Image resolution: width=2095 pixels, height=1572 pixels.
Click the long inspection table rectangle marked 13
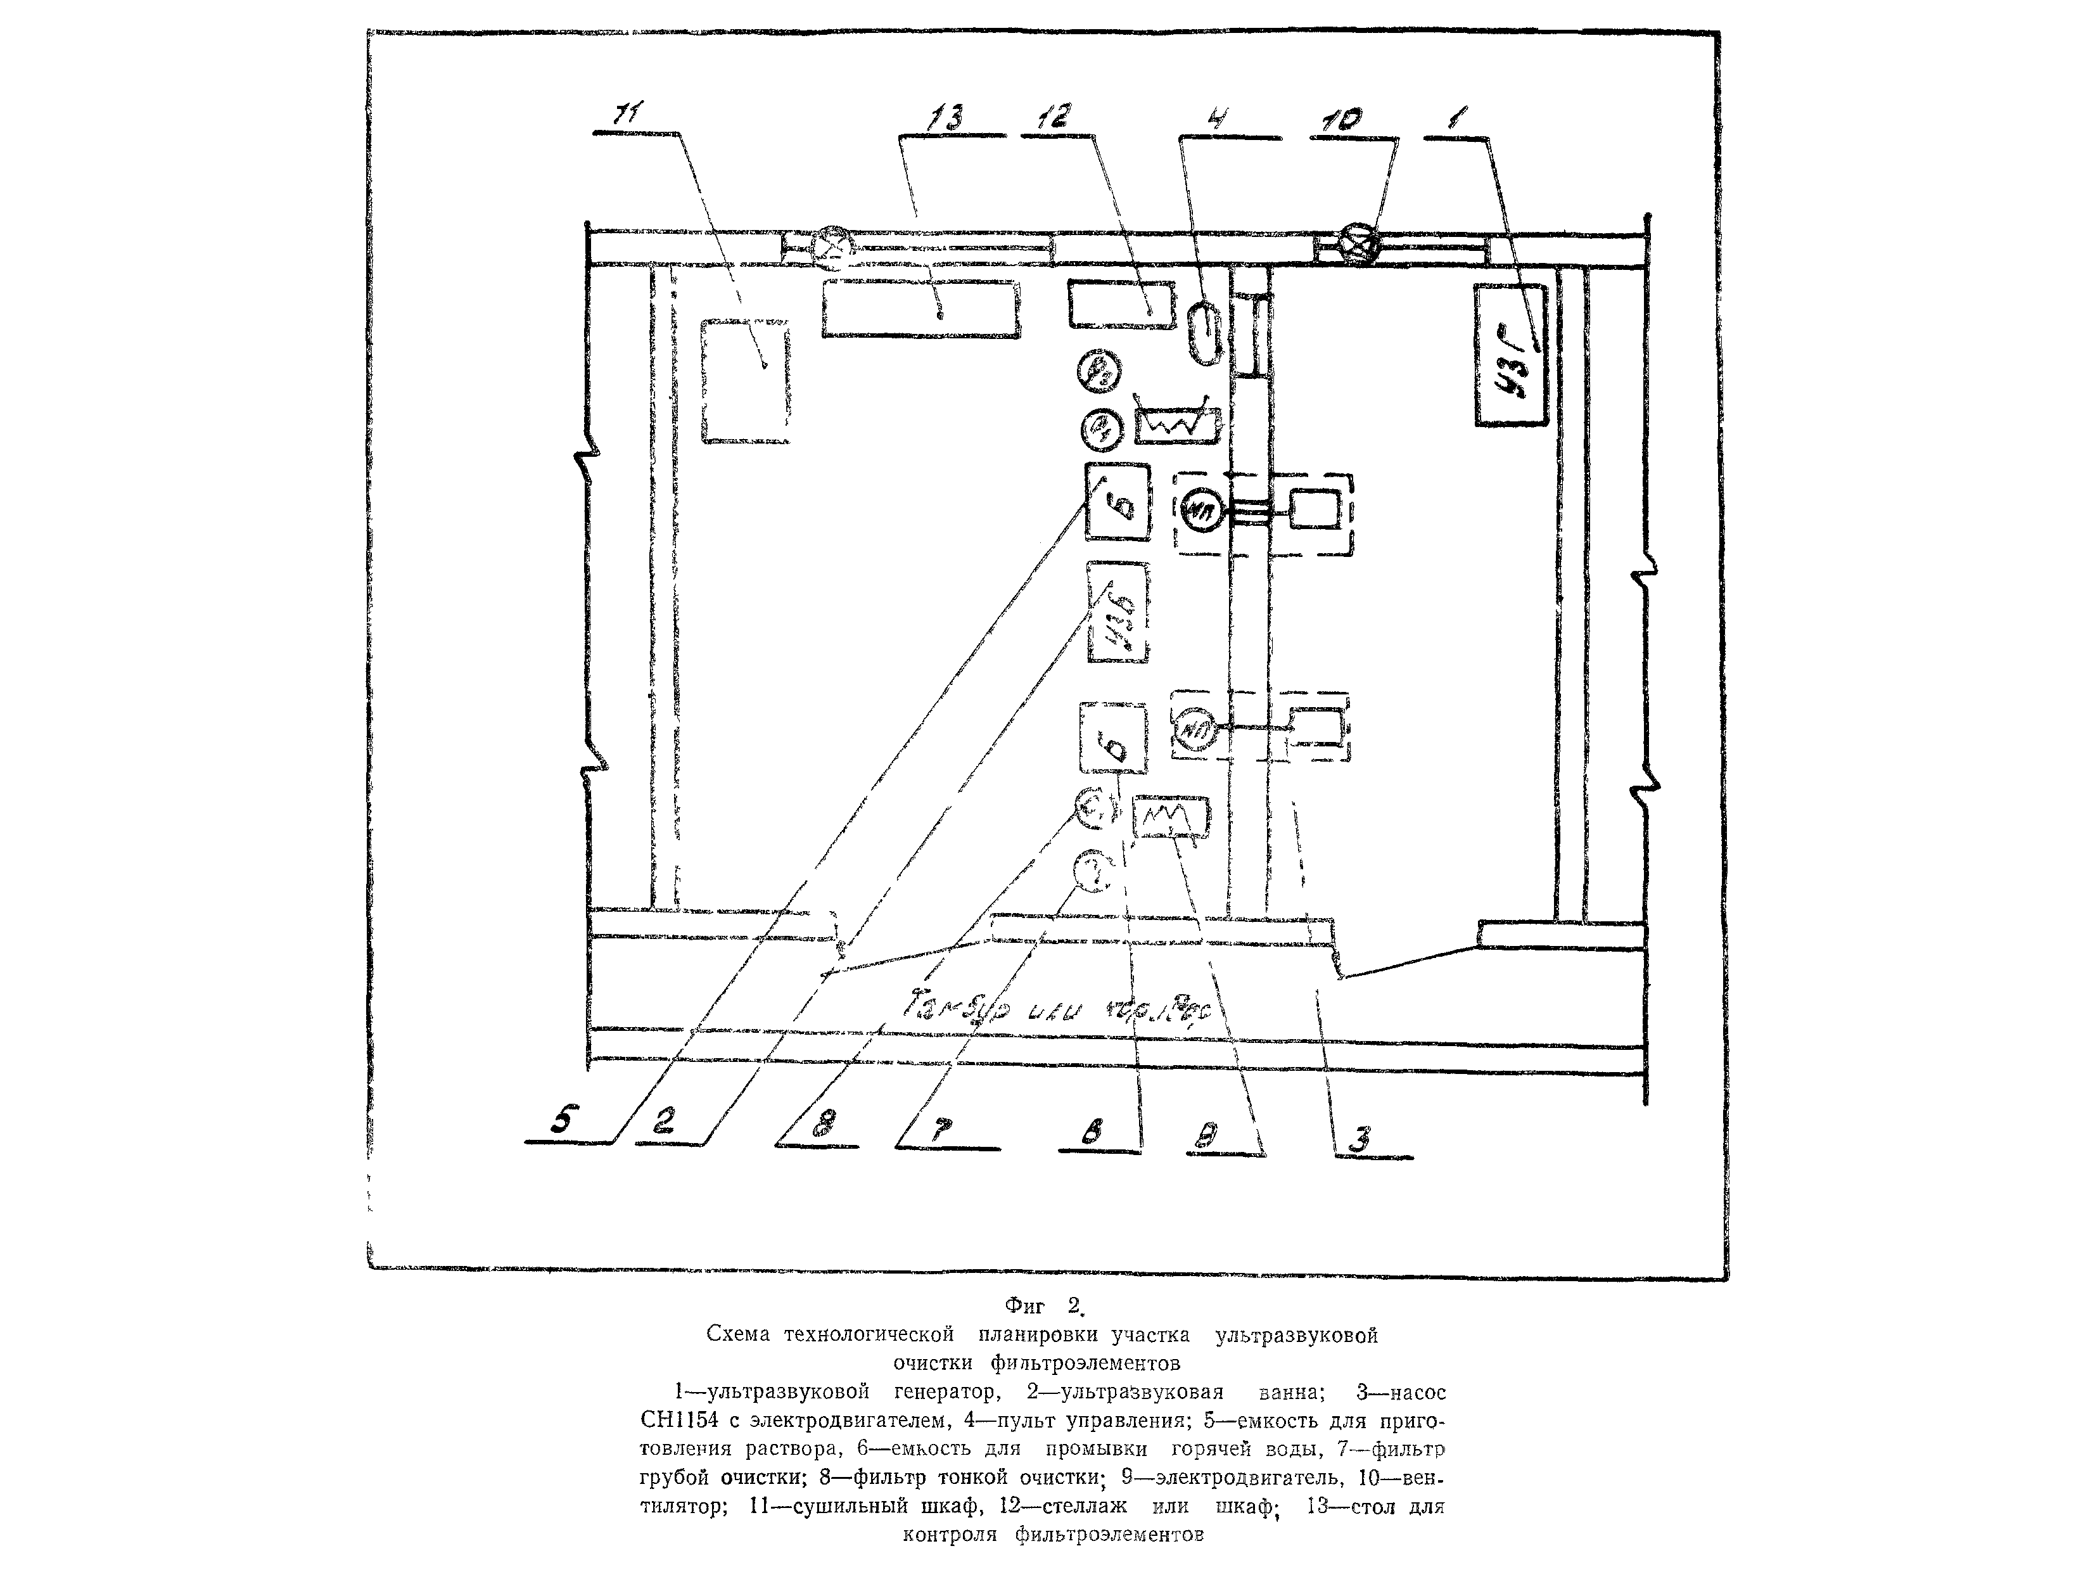(x=920, y=308)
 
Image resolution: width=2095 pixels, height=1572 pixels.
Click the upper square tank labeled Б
(x=1118, y=502)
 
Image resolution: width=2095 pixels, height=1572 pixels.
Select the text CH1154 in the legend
(x=685, y=1421)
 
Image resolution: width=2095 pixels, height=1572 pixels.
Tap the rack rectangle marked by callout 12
(x=1121, y=305)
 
